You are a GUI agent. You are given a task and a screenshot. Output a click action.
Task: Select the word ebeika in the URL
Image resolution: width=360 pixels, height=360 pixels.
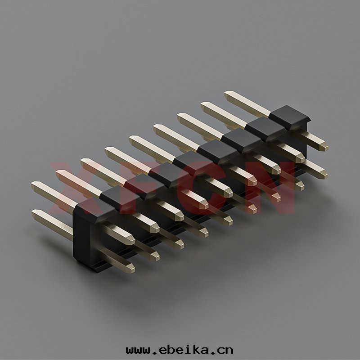coord(184,350)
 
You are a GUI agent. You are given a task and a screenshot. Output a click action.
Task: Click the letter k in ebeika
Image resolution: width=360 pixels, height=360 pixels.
coord(196,350)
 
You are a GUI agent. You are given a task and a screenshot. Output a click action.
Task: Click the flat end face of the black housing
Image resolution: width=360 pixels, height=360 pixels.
coord(81,232)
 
